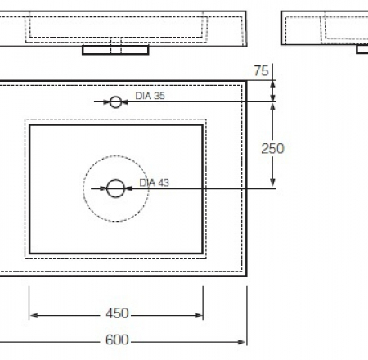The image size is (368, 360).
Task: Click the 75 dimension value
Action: (x=261, y=71)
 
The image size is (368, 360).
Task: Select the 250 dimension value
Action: (x=272, y=148)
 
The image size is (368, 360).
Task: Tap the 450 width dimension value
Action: (x=117, y=313)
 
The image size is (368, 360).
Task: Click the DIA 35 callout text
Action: (x=150, y=96)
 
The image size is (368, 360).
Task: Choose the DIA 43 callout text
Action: (x=154, y=183)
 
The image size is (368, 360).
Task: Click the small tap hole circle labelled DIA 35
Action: (x=115, y=101)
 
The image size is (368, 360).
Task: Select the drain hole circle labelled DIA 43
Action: (x=115, y=189)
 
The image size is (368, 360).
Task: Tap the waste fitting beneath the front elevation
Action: (x=116, y=50)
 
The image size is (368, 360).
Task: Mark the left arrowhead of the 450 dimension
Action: (x=34, y=314)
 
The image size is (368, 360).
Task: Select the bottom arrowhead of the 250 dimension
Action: (x=273, y=185)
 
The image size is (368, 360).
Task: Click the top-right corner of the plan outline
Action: (x=246, y=81)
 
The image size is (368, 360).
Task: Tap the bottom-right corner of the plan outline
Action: (x=246, y=275)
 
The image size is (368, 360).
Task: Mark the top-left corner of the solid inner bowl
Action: (x=30, y=125)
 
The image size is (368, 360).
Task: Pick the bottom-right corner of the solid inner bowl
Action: (x=202, y=253)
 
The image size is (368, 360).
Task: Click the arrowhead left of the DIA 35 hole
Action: (x=107, y=102)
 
